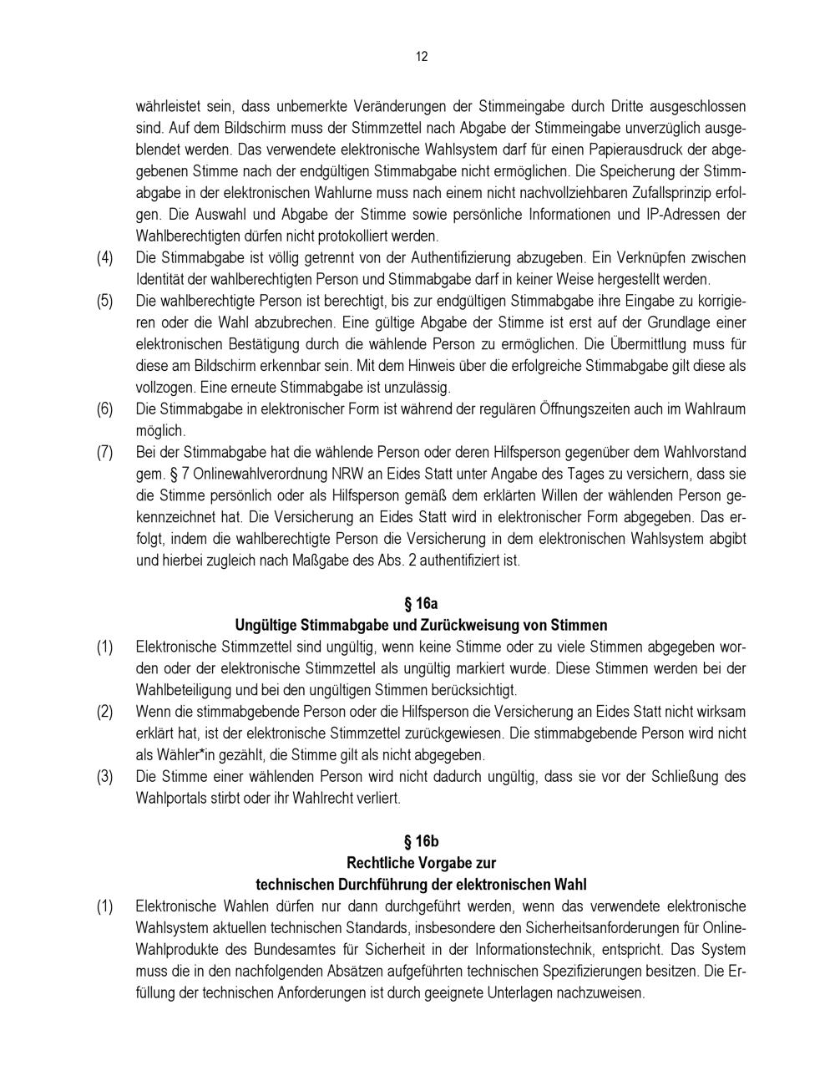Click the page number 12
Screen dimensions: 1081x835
pos(421,57)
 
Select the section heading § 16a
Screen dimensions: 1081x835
pos(421,603)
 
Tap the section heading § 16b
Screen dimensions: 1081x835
pos(421,841)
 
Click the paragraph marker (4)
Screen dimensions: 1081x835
pos(104,257)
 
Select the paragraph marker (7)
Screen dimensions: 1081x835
pos(104,453)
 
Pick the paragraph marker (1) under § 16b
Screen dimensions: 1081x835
pos(104,906)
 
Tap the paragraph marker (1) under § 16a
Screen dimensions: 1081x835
pos(104,647)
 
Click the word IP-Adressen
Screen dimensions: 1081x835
pos(681,214)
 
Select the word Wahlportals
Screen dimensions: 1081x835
pos(170,799)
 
